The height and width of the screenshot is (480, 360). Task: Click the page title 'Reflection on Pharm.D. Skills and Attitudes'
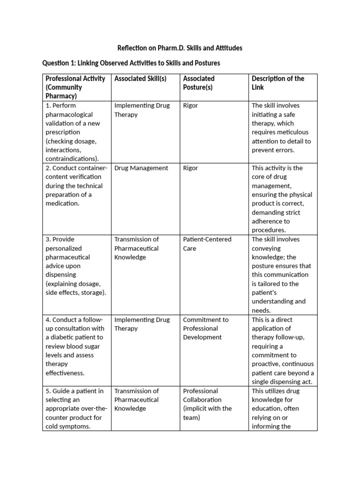180,48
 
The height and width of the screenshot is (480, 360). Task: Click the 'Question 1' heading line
131,63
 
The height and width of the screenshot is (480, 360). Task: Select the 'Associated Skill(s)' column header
140,78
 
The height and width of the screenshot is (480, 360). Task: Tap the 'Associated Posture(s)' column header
199,82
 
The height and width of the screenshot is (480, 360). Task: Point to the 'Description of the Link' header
278,82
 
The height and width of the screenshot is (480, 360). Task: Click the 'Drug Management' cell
141,168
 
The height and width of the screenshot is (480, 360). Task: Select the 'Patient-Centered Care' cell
207,244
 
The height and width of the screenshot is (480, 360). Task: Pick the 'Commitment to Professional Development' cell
206,328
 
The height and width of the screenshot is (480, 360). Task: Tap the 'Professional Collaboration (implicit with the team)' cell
207,404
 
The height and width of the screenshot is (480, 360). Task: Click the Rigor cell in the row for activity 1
190,105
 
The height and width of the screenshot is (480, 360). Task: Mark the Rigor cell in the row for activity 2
190,168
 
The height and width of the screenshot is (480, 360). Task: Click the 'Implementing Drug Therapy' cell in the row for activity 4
142,324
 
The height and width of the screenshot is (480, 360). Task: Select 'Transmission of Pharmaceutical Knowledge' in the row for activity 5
137,399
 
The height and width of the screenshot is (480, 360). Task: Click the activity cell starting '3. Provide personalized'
75,266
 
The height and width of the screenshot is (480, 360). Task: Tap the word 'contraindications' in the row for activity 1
71,159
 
